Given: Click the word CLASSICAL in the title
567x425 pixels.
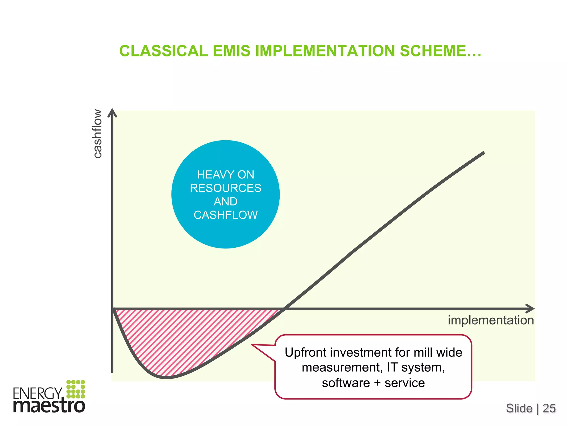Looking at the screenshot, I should (164, 51).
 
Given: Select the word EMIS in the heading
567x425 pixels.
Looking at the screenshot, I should (231, 51).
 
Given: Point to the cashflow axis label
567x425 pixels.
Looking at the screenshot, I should (97, 134).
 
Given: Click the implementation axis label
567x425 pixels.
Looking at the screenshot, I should (491, 320).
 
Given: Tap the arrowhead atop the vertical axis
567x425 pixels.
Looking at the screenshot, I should (112, 112).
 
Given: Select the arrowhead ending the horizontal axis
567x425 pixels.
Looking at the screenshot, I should (530, 309).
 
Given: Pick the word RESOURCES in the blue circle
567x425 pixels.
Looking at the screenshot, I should (225, 188).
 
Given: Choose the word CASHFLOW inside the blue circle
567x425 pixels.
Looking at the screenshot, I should (225, 215).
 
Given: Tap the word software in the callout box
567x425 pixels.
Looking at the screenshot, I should (346, 383).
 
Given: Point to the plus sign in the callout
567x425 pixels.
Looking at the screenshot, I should (377, 383).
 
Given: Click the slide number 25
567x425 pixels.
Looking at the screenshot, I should (549, 408).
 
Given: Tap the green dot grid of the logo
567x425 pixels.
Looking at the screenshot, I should (76, 389).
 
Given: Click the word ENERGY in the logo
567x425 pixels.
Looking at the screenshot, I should (38, 393).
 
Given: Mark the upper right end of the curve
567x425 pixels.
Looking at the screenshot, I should (483, 152).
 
